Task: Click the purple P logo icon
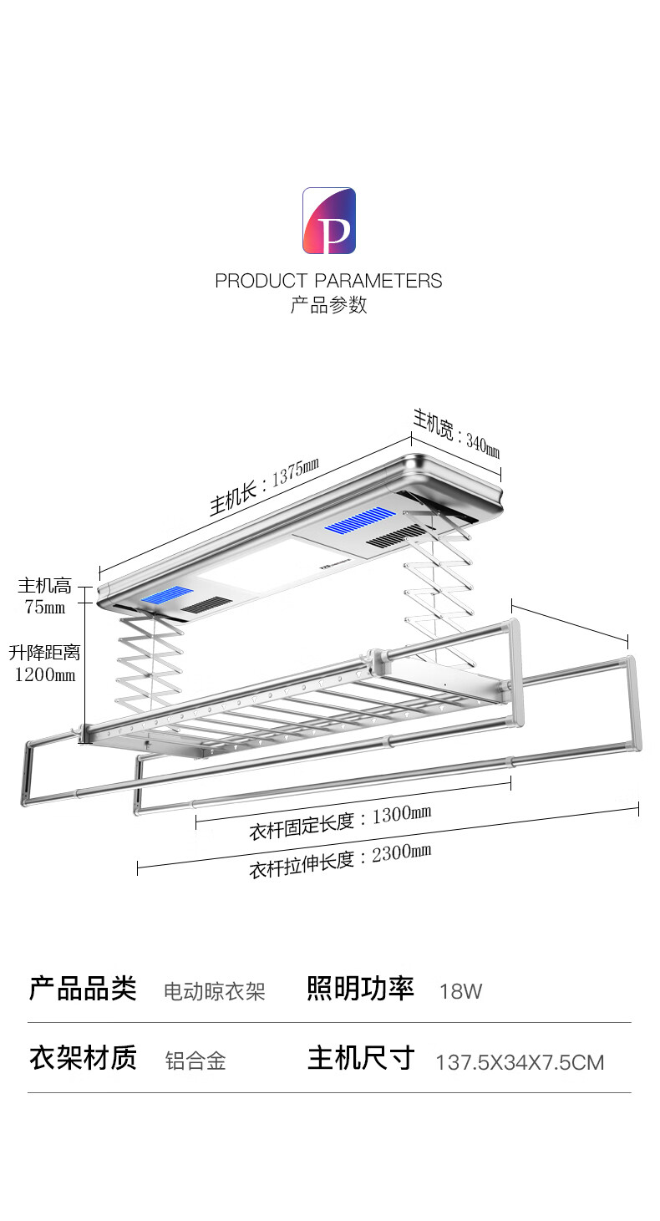(329, 221)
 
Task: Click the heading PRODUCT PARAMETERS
(328, 281)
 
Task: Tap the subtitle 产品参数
(328, 305)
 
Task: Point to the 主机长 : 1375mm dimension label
(264, 489)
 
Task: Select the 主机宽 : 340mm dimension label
(456, 435)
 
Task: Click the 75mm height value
(45, 608)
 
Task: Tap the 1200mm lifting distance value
(45, 674)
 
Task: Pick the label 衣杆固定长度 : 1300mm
(340, 822)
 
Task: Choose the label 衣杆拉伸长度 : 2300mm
(340, 860)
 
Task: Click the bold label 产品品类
(83, 989)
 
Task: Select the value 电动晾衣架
(215, 992)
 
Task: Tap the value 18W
(461, 992)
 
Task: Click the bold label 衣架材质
(83, 1058)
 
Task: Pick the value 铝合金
(195, 1061)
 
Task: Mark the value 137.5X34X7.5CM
(520, 1063)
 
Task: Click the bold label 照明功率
(361, 989)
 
